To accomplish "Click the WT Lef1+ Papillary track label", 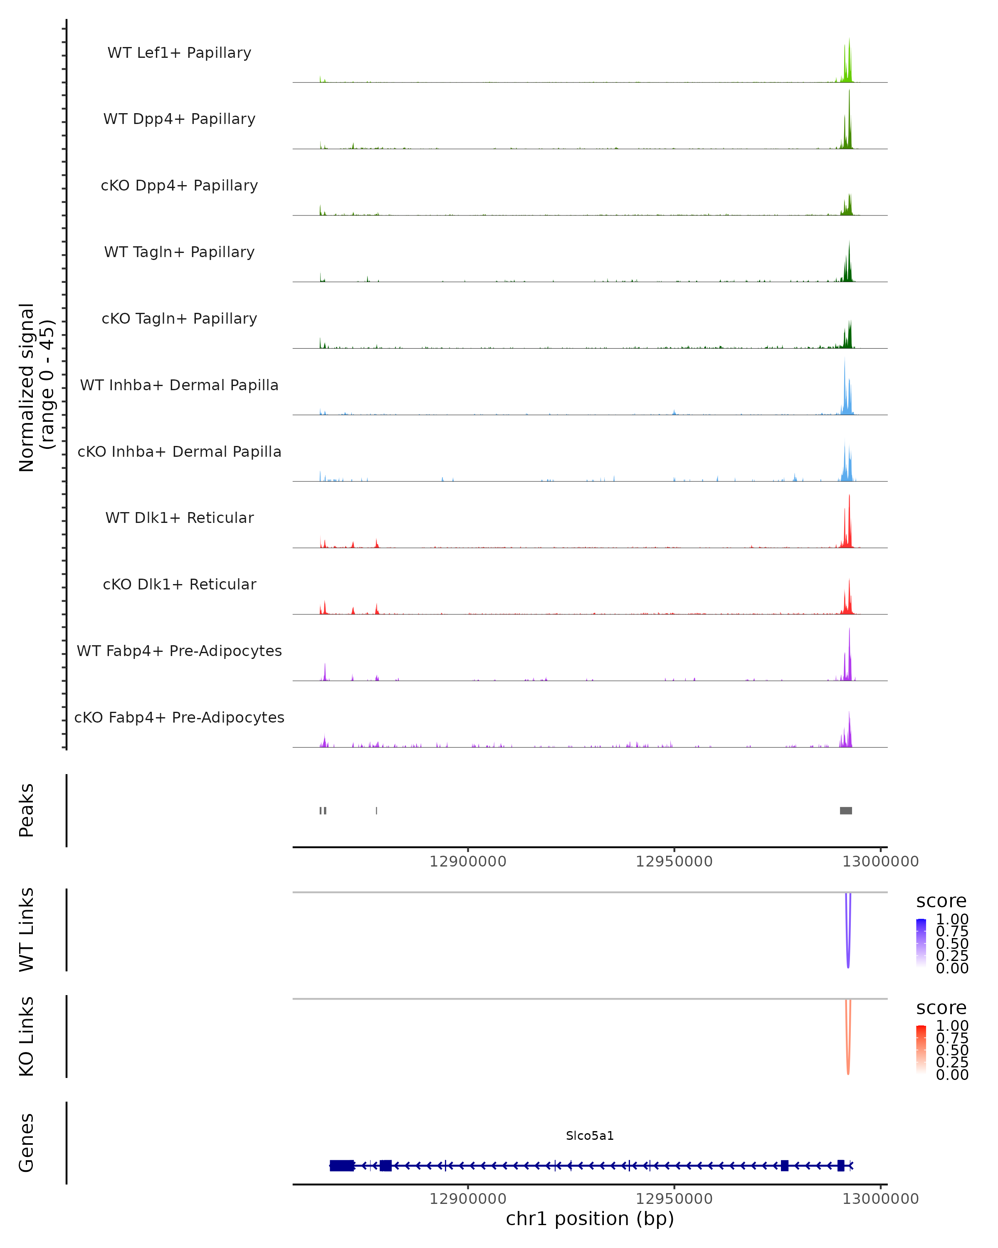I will [179, 53].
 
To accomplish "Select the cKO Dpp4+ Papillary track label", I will [179, 185].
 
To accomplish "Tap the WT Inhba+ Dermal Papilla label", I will [179, 385].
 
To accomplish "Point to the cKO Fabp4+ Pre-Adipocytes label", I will [179, 717].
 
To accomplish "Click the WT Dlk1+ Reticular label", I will [179, 518].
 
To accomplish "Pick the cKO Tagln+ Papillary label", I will [179, 318].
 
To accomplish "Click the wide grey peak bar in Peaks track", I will [846, 810].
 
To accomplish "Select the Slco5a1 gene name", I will [590, 1136].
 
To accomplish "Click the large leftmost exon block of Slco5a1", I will [342, 1165].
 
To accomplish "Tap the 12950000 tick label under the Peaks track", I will [674, 862].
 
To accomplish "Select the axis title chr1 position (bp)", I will [590, 1218].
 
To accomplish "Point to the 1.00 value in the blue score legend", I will [952, 919].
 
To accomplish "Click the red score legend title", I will [941, 1008].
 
